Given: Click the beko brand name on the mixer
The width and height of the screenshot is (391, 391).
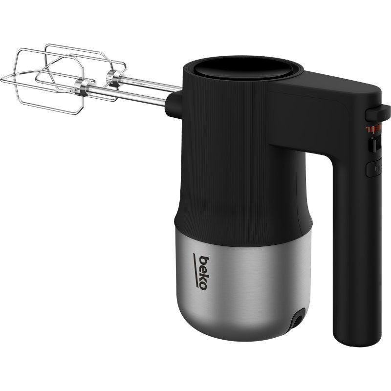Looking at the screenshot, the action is (204, 273).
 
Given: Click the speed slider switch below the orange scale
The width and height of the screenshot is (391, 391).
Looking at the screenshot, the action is (375, 144).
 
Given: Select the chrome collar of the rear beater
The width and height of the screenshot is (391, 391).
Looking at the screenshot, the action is (115, 78).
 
